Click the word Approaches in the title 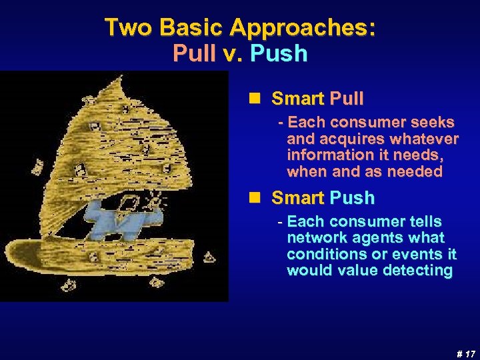point(303,27)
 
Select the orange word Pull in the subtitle point(194,53)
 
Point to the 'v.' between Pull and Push point(233,53)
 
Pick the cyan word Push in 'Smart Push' point(351,198)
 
